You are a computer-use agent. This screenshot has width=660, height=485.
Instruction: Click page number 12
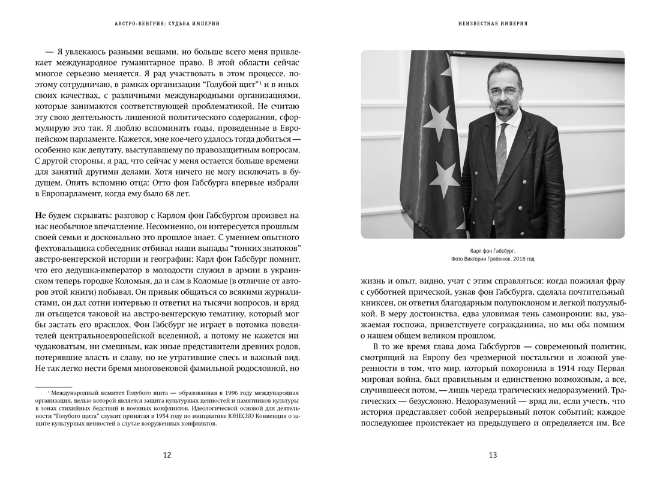pos(167,455)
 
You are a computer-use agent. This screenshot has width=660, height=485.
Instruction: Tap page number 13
pos(493,455)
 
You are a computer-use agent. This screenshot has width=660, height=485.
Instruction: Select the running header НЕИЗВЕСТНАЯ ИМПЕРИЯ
pos(493,24)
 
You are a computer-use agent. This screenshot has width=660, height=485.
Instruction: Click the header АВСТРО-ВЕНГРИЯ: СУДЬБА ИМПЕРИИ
pos(167,24)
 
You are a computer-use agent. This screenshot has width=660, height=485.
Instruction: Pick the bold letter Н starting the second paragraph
pos(38,214)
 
